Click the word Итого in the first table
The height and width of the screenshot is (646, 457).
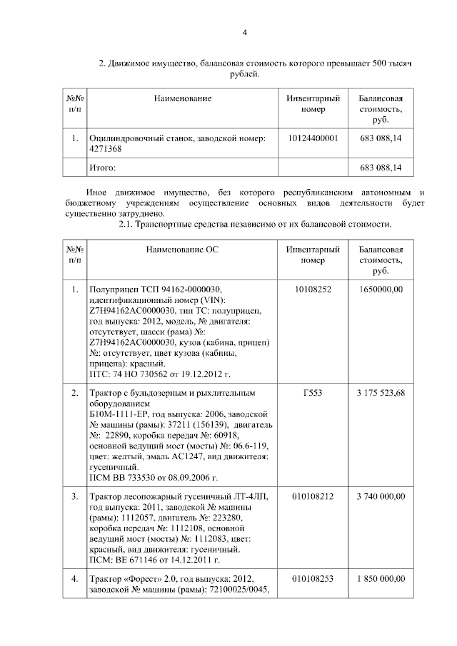pyautogui.click(x=101, y=168)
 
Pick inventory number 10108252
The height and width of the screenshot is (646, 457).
pyautogui.click(x=313, y=289)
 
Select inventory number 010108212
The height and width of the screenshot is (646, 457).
pyautogui.click(x=313, y=496)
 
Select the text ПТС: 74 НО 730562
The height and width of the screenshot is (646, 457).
pyautogui.click(x=131, y=374)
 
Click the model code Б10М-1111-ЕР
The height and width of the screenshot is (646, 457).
pyautogui.click(x=119, y=414)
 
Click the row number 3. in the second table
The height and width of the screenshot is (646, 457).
pyautogui.click(x=75, y=496)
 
